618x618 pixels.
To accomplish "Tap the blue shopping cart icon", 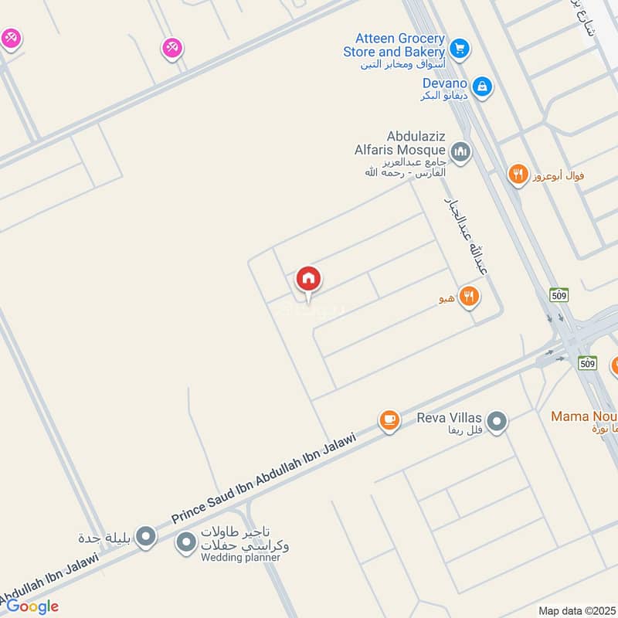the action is point(460,48).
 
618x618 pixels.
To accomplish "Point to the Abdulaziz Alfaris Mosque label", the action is point(400,143).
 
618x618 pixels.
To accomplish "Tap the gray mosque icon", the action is point(460,151).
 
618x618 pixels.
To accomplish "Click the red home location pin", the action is point(308,280).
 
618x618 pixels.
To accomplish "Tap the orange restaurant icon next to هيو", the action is point(469,296).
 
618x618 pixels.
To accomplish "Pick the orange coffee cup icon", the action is point(389,420).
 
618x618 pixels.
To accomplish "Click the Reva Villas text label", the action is point(450,418).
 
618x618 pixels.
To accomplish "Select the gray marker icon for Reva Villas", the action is point(497,422).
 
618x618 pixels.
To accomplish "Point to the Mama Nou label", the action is point(584,417).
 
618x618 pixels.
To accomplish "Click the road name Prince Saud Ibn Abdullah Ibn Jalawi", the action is point(263,477).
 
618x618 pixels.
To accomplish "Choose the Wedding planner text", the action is point(240,558).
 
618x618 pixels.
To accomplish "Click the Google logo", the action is point(32,606).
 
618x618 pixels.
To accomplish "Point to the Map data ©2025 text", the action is point(576,611).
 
